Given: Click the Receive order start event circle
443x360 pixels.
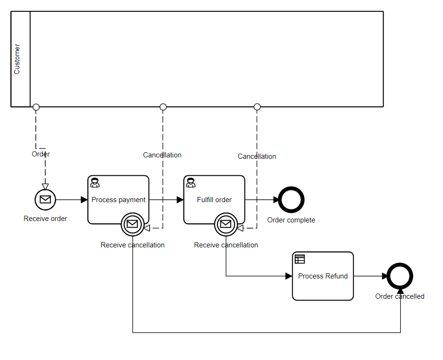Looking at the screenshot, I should tap(45, 200).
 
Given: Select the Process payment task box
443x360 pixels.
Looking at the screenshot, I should tap(118, 193).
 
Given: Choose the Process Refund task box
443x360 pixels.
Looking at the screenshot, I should tap(323, 276).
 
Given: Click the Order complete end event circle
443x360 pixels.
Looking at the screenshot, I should tap(291, 200).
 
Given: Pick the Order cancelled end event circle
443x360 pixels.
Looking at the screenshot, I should tap(400, 276).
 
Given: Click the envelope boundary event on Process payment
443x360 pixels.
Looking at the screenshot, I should tap(132, 224).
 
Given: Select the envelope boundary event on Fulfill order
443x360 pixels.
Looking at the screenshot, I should tap(226, 224).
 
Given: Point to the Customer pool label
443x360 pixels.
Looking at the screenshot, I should tap(17, 59).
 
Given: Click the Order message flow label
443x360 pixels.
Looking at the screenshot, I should tap(40, 154).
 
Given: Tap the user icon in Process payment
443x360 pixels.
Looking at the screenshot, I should tap(95, 183).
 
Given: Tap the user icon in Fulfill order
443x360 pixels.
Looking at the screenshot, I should tap(191, 183).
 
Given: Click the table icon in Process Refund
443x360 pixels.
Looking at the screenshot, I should tap(300, 259).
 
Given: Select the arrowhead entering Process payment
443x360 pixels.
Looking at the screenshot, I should tap(84, 200).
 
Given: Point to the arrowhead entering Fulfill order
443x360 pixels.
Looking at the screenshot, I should tap(180, 200).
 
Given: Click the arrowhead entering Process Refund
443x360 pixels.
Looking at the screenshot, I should tap(289, 276).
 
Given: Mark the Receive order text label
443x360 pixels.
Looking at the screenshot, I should tap(45, 219).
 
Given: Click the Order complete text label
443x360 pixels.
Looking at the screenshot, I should tap(291, 220).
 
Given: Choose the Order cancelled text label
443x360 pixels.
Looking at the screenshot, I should tap(400, 296).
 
